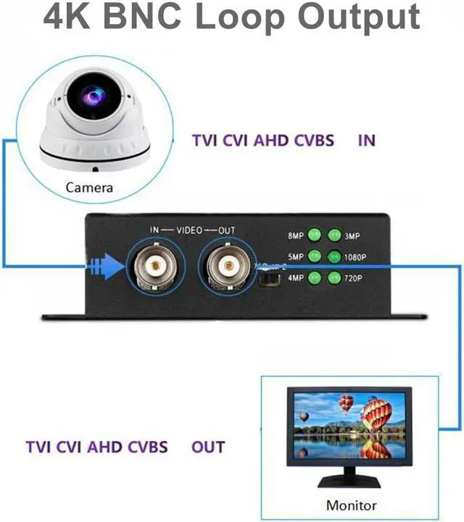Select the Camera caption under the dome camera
coord(89,188)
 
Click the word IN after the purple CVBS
coord(367,140)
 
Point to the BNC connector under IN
coord(152,265)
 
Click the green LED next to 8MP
coord(315,235)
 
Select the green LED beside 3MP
coord(334,235)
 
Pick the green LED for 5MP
coord(315,256)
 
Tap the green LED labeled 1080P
coord(334,256)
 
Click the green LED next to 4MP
coord(315,277)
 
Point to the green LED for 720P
coord(334,277)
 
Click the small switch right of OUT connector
coord(268,278)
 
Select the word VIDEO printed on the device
coord(189,230)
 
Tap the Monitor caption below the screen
coord(352,505)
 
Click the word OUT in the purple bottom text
coord(208,447)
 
